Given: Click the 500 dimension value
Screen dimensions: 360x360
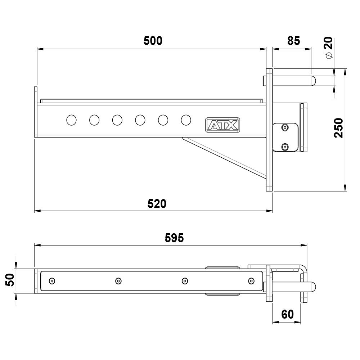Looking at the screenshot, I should click(x=153, y=41).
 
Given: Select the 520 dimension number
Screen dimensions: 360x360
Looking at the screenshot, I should click(x=157, y=204).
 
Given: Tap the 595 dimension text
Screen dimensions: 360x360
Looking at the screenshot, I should click(x=174, y=238).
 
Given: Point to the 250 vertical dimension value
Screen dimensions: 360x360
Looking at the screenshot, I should click(x=339, y=128).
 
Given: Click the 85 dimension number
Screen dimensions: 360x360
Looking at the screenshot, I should click(x=294, y=41).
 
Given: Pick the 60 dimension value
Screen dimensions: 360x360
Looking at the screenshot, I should click(x=287, y=314).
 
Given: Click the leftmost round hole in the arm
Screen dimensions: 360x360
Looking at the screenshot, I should click(x=72, y=120).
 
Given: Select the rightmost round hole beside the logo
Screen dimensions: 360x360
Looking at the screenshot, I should click(x=186, y=120).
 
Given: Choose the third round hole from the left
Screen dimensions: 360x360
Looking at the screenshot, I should click(x=117, y=120).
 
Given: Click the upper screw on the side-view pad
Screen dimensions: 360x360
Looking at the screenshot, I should click(x=285, y=128).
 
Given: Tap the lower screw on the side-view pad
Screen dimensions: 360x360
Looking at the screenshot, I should click(x=285, y=147).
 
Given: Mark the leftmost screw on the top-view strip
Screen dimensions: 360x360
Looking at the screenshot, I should click(x=52, y=281).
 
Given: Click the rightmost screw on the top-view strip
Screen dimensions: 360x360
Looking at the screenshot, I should click(x=251, y=281).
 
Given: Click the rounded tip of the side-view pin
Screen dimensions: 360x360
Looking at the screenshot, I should click(x=313, y=80).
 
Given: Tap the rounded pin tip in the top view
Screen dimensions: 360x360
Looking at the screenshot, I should click(x=313, y=287).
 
